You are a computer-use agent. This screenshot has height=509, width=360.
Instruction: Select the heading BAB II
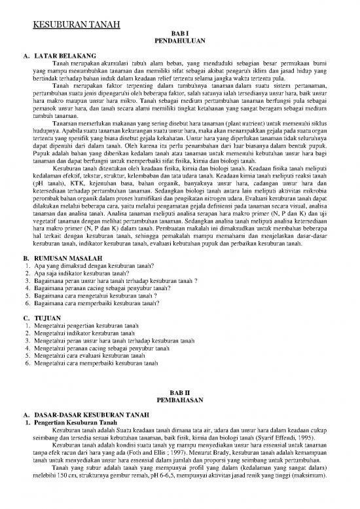click(179, 392)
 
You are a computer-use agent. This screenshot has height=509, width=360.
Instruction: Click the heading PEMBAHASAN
click(179, 399)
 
